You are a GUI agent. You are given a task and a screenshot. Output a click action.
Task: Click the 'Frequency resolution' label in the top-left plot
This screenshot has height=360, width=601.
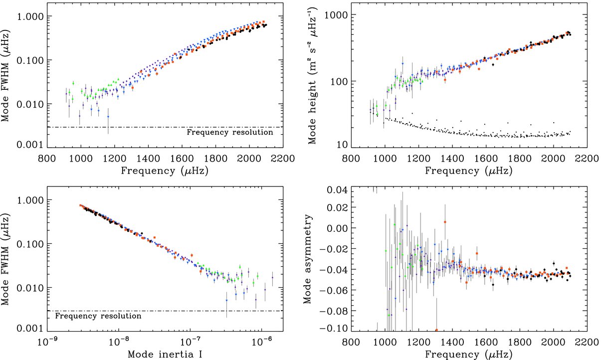[229, 133]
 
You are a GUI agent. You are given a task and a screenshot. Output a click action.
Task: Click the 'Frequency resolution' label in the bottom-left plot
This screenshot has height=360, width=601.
[98, 316]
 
